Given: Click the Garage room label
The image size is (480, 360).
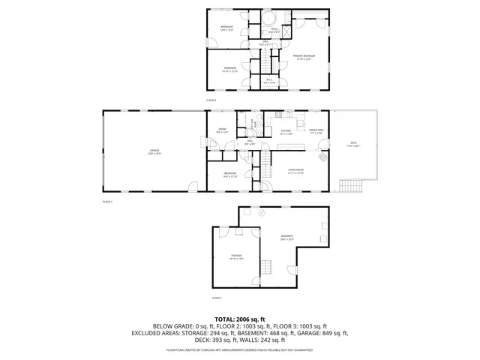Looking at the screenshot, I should pos(154,151).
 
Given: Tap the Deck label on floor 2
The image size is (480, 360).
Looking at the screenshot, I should pos(352,144).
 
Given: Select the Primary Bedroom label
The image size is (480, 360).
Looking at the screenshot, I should pos(303,57).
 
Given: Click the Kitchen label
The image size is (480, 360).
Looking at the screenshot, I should pos(286,132).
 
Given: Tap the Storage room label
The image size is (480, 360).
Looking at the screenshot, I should pos(237,257).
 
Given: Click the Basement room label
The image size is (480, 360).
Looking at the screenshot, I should pos(287,237).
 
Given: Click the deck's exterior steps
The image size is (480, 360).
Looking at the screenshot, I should pos(350,184).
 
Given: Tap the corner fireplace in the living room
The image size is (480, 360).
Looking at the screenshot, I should pos(323,158).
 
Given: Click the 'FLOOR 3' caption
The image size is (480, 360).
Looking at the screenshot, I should pos(211,100).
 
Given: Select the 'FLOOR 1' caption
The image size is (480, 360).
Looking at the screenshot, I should pos(217,298).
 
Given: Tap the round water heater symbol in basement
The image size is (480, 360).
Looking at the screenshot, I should pos(262,213).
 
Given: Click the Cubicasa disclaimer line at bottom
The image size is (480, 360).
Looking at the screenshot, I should pos(239,349).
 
